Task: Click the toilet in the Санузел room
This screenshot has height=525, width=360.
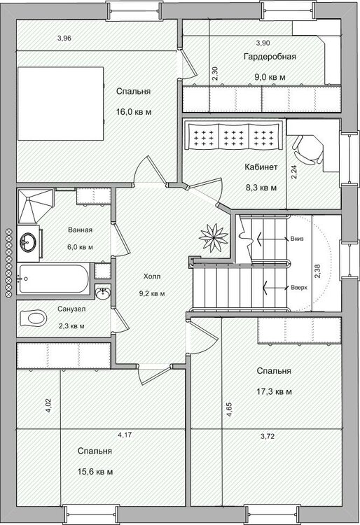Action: (32, 317)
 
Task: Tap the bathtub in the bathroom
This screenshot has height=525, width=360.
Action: (54, 279)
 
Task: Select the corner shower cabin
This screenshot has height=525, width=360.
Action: (36, 206)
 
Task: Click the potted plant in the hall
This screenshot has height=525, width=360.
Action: (214, 238)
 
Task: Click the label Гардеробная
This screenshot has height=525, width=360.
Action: (270, 57)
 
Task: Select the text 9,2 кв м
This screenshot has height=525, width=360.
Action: (153, 293)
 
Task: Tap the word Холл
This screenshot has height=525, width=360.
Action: (152, 276)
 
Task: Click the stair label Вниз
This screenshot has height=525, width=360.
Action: (297, 239)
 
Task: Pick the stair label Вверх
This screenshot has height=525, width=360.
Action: (299, 287)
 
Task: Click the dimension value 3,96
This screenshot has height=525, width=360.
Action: (64, 38)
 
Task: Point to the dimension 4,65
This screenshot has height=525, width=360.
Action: (230, 409)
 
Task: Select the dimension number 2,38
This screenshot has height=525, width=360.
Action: (318, 271)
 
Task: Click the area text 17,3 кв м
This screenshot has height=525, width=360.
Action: (274, 391)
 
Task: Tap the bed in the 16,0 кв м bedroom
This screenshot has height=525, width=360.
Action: (61, 104)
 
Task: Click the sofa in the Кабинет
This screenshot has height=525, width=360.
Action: (234, 136)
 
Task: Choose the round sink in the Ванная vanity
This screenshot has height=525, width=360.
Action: (28, 241)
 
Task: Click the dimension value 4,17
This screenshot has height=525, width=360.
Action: (125, 435)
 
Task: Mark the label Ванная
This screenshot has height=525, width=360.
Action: (80, 230)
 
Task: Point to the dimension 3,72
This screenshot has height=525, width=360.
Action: (268, 436)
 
